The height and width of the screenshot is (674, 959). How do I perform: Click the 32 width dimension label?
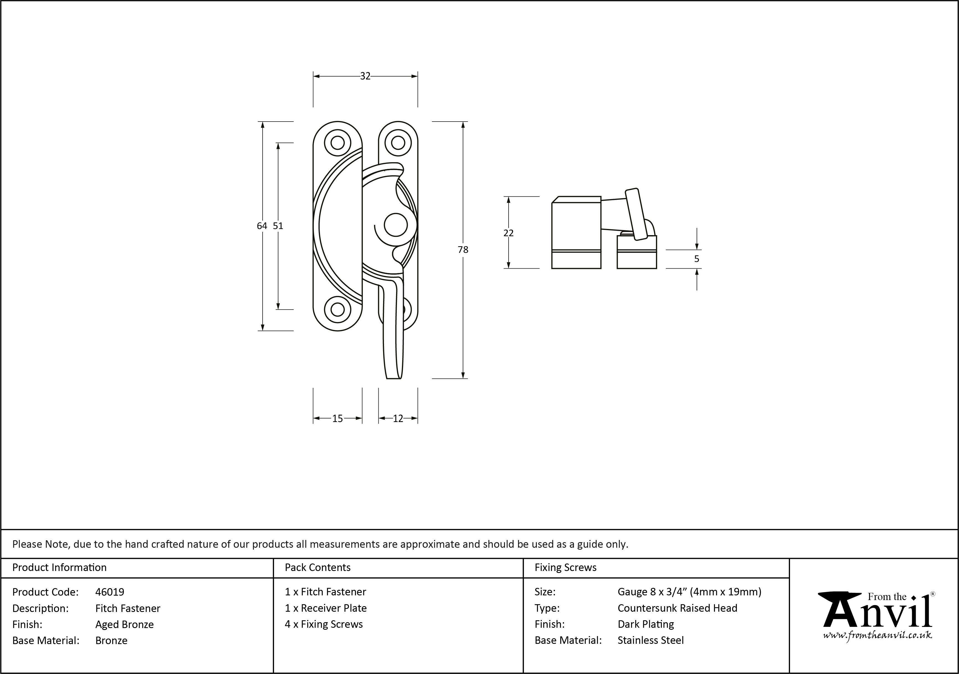click(365, 76)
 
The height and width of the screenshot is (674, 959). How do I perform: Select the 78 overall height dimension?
click(463, 250)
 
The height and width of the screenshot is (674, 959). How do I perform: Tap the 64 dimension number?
click(262, 226)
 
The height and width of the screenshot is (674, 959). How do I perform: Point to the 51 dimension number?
click(278, 226)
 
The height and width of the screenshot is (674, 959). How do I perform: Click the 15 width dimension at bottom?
click(337, 418)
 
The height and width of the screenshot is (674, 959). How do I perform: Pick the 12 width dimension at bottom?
click(398, 418)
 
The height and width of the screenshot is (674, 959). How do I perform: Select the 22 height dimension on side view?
click(508, 233)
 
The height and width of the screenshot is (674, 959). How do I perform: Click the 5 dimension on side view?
click(697, 259)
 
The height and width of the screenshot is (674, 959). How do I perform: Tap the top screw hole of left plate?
click(337, 143)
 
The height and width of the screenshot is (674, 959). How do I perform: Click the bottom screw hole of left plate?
click(337, 309)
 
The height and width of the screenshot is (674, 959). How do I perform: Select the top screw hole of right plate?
click(398, 143)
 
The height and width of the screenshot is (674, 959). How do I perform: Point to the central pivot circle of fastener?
click(395, 225)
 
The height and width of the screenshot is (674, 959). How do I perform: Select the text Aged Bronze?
click(124, 624)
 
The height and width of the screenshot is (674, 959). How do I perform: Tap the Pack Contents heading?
click(317, 567)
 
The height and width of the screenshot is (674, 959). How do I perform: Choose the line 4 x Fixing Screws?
click(324, 624)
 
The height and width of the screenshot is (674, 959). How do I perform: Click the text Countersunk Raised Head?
click(677, 608)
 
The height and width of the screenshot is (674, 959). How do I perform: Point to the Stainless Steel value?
click(650, 640)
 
